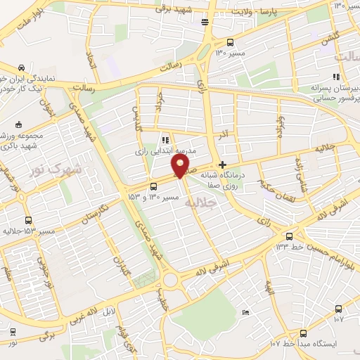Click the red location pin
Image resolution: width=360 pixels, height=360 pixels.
[x=180, y=166]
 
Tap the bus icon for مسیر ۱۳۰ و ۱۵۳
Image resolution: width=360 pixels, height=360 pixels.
[x=154, y=186]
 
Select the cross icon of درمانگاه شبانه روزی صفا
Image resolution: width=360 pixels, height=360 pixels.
[x=223, y=165]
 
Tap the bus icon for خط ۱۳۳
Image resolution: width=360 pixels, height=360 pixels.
[x=289, y=236]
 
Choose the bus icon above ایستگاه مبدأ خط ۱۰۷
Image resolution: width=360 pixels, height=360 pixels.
[x=303, y=333]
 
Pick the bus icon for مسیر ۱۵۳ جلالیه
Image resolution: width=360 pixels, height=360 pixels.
[x=28, y=220]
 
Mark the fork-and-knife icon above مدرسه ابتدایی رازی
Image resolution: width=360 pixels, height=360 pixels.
[x=165, y=140]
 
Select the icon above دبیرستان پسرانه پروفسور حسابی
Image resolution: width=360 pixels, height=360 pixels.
[x=336, y=77]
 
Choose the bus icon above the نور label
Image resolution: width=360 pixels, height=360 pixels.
[x=13, y=332]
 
